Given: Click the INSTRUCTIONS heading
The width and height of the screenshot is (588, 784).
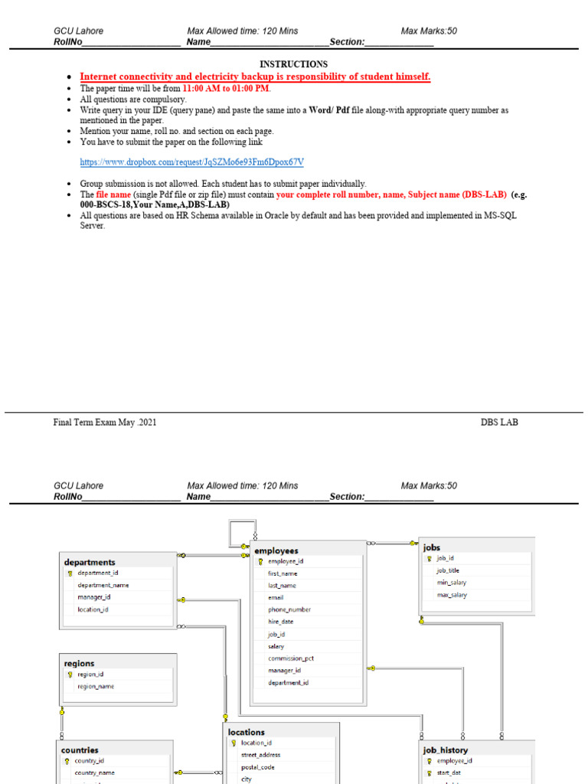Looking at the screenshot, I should click(x=293, y=64).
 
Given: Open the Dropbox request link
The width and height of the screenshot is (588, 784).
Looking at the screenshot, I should click(x=192, y=162).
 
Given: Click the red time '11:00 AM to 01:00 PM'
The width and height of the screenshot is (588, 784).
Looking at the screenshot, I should click(x=226, y=88).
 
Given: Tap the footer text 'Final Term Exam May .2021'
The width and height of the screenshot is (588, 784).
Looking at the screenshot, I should click(x=105, y=422).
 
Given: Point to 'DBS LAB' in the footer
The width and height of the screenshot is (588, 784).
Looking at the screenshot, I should click(x=499, y=422).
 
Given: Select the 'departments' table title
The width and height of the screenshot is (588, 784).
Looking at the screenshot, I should click(x=90, y=562).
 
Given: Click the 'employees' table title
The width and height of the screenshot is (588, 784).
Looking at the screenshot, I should click(x=276, y=550).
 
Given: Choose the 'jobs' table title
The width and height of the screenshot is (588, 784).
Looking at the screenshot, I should click(x=432, y=547).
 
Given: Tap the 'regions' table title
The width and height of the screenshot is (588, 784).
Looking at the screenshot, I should click(x=80, y=663).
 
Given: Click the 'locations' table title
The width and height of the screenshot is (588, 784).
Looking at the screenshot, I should click(x=247, y=732).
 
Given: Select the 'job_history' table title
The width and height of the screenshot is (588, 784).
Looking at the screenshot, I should click(x=445, y=750).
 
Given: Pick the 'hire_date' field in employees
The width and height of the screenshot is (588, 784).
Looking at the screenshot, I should click(x=280, y=622).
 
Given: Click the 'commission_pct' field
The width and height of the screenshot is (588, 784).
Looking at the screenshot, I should click(x=291, y=658).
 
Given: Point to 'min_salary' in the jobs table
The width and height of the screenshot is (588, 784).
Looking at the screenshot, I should click(x=451, y=583).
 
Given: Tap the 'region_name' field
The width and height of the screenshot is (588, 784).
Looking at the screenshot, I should click(x=96, y=687).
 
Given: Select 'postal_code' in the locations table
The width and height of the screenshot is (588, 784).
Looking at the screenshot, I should click(x=257, y=767).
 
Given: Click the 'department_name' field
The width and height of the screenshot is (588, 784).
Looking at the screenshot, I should click(x=103, y=585).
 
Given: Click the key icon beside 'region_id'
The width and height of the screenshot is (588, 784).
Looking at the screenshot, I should click(x=70, y=675).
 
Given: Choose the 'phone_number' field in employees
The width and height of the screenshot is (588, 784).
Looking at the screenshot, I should click(x=289, y=609).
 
